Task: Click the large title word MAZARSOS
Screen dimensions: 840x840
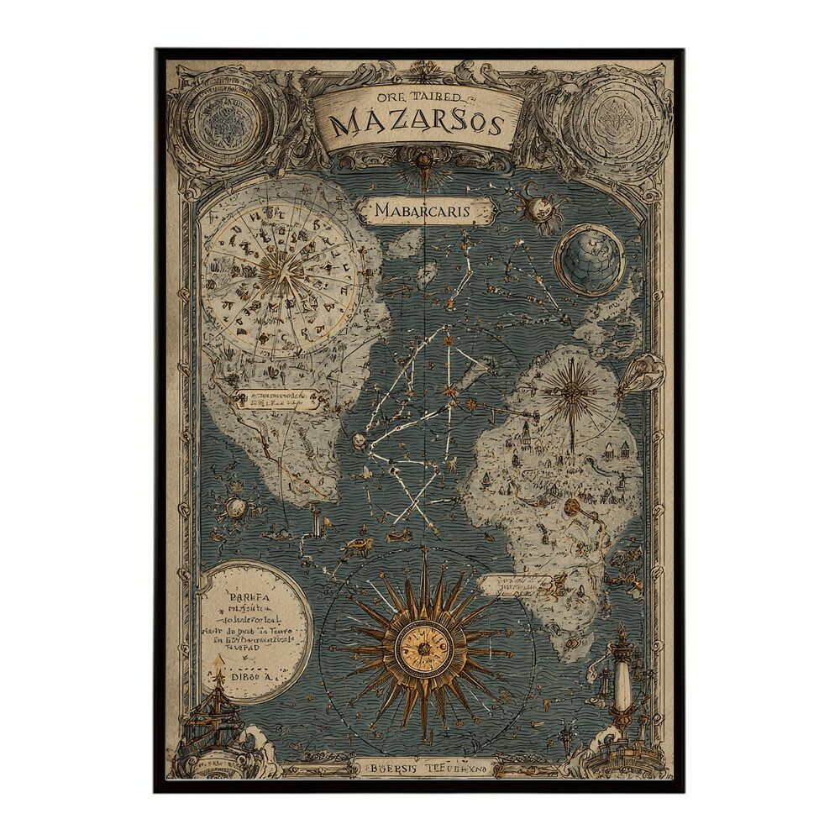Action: click(417, 124)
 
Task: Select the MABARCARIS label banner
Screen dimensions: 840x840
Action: click(423, 211)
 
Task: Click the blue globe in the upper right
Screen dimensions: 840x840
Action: click(589, 260)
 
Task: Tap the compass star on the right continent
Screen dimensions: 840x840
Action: click(570, 388)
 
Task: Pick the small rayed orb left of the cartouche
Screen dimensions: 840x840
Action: click(235, 507)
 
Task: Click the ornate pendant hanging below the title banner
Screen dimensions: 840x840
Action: click(423, 167)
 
